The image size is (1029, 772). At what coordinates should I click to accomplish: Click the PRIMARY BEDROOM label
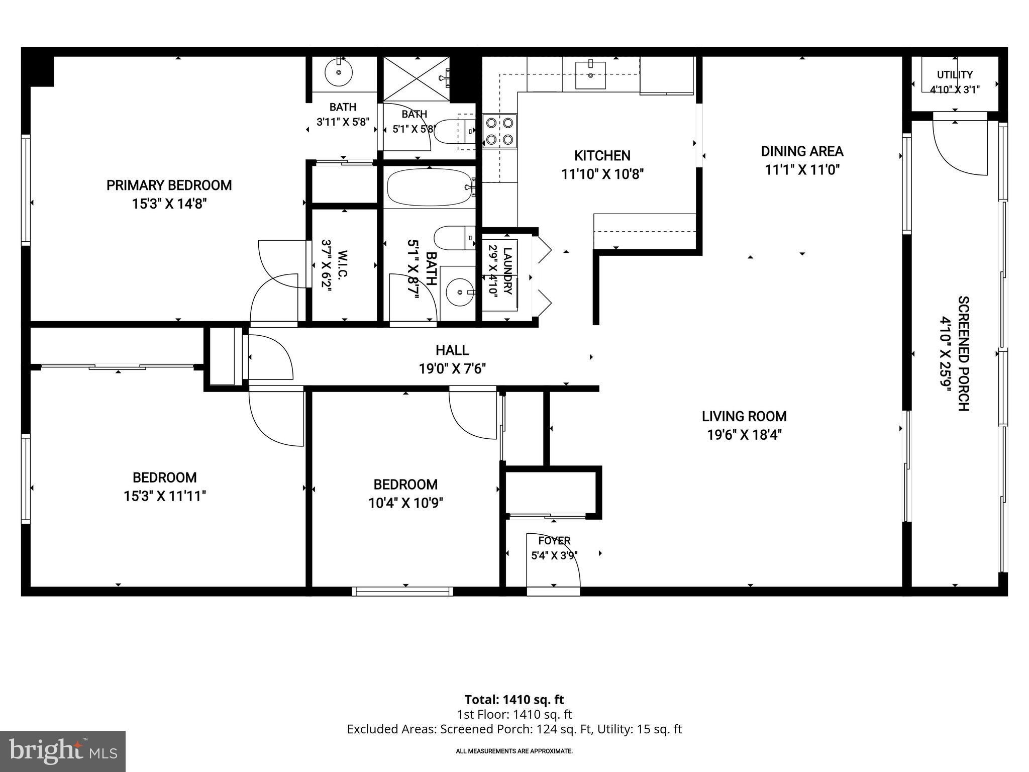tap(169, 185)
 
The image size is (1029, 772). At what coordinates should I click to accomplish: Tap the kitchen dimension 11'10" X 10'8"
tap(602, 174)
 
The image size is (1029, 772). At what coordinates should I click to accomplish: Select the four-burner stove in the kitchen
tap(500, 131)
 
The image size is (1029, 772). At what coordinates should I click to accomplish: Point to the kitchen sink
tap(590, 74)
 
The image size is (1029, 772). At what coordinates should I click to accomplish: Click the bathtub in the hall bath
tap(430, 187)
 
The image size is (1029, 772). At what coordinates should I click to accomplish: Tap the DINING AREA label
tap(802, 151)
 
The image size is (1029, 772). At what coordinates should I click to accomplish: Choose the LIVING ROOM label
tap(744, 416)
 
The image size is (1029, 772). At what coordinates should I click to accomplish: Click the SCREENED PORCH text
tap(963, 354)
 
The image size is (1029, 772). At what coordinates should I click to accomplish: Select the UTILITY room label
tap(955, 75)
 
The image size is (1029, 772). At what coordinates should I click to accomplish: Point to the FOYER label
tap(554, 541)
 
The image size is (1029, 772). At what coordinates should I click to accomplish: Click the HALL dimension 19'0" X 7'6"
tap(452, 369)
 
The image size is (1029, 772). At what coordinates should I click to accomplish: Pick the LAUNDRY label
tap(507, 271)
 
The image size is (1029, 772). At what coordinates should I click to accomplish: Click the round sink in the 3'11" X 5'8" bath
tap(339, 73)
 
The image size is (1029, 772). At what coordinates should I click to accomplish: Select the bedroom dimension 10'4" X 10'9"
tap(405, 503)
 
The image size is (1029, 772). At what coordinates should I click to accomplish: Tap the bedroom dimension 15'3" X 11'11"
tap(165, 496)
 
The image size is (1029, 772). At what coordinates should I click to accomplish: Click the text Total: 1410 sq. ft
tap(514, 700)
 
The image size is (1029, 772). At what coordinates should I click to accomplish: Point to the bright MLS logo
tap(63, 751)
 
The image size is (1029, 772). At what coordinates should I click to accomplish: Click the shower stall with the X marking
tap(416, 79)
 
